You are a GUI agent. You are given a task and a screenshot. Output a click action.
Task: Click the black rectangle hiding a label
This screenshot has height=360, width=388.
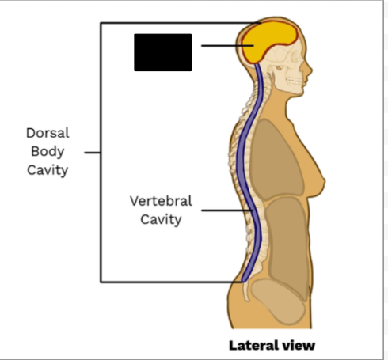pyautogui.click(x=163, y=52)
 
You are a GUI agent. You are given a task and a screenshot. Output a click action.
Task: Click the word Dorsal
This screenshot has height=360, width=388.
pyautogui.click(x=48, y=133)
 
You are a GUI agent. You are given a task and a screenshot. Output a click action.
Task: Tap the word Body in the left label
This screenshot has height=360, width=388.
pyautogui.click(x=48, y=152)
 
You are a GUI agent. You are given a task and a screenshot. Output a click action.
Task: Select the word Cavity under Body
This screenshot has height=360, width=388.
pyautogui.click(x=48, y=170)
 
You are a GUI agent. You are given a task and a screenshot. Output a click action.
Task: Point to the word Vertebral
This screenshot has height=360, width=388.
pyautogui.click(x=161, y=201)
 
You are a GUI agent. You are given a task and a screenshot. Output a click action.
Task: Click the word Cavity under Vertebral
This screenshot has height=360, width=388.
pyautogui.click(x=161, y=220)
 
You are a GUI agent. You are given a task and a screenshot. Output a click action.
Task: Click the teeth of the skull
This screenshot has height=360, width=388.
pyautogui.click(x=295, y=81)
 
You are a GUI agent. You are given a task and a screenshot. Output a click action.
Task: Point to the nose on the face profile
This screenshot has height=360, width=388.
pyautogui.click(x=310, y=70)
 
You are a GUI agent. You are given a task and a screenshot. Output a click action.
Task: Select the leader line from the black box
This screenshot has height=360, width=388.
pyautogui.click(x=227, y=46)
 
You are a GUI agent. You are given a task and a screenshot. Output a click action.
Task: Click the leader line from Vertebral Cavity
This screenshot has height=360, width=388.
pyautogui.click(x=227, y=210)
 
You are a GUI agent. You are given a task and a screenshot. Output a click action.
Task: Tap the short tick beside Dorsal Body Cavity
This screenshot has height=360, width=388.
pyautogui.click(x=92, y=153)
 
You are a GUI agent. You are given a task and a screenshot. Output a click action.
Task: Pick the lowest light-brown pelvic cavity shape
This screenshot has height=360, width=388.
pyautogui.click(x=279, y=301)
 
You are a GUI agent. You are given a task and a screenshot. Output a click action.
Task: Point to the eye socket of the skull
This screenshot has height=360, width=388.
pyautogui.click(x=295, y=57)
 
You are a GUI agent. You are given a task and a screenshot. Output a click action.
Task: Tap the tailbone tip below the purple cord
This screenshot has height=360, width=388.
pyautogui.click(x=247, y=299)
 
